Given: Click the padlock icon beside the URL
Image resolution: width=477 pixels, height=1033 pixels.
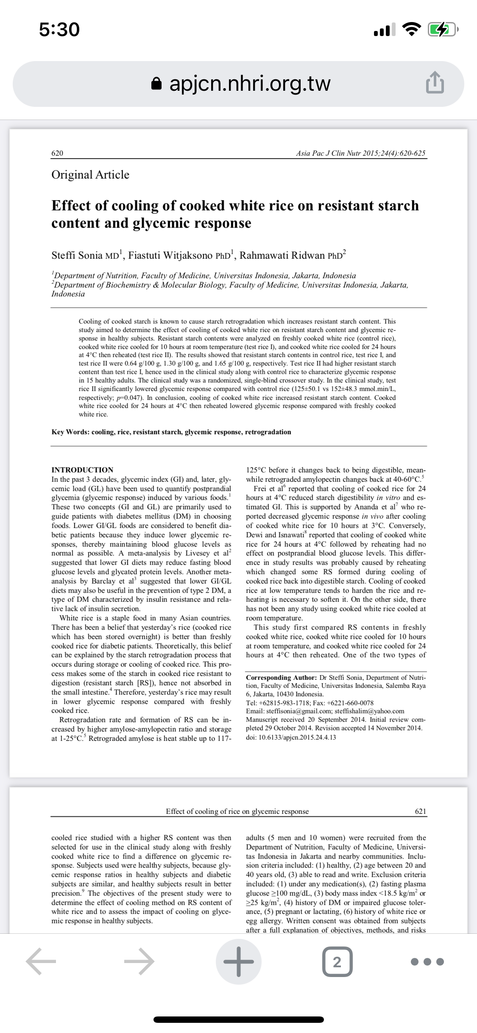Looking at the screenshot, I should pos(157,84).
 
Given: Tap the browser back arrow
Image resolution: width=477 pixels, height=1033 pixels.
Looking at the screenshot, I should pos(41,961).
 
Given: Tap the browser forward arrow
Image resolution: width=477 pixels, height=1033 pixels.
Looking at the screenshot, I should pos(139,961).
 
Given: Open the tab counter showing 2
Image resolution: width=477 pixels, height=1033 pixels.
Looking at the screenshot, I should pos(337,961).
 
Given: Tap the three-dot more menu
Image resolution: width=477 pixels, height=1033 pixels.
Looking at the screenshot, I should pos(428,961).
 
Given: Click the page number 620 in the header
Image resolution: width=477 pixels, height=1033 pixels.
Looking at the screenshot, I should pos(57,153).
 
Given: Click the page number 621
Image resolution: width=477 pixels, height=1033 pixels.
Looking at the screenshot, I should pos(420,811).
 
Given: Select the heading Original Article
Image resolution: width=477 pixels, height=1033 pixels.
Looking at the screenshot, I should pos(90,175).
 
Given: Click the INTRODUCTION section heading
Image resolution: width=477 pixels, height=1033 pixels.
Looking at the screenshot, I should pos(82,470).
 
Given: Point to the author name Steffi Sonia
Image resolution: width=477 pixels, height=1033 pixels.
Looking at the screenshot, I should pos(77,255).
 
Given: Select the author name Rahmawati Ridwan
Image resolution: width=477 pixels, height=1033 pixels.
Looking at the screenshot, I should pos(283,255).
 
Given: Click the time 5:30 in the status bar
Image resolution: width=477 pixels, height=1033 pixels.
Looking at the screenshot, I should pos(59,30).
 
